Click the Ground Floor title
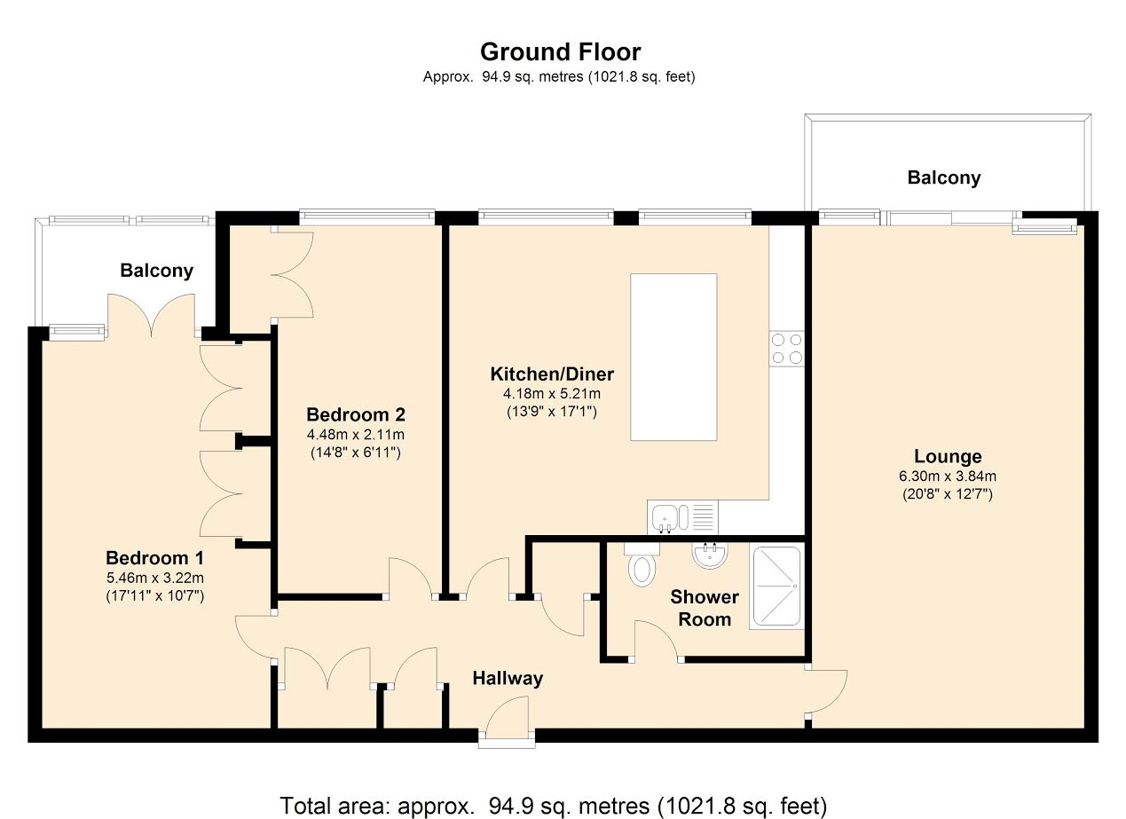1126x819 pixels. tap(560, 51)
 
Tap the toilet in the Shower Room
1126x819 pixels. tap(642, 564)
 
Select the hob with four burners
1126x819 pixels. tap(787, 349)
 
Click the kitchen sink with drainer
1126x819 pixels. tap(682, 516)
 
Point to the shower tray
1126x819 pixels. tap(776, 587)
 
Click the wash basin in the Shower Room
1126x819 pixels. tap(710, 555)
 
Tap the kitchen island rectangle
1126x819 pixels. tap(673, 357)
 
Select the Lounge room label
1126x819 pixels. tap(948, 456)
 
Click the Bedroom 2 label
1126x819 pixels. tap(356, 414)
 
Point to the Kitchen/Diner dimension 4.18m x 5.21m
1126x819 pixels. tap(551, 393)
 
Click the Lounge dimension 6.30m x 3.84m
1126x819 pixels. tap(948, 476)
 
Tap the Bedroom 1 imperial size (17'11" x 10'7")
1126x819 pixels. tap(154, 595)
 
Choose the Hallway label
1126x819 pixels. tap(508, 678)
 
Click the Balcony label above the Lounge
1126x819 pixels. tap(944, 177)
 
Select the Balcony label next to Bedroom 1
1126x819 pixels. tap(156, 271)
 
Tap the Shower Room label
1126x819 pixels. tap(705, 608)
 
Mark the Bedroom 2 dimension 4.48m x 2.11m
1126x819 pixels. tap(356, 434)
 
